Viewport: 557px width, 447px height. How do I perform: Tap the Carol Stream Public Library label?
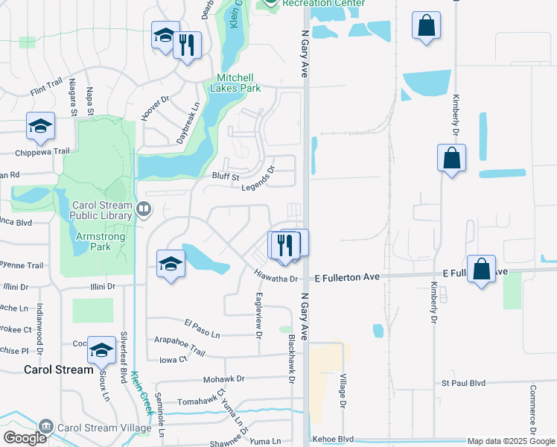click(x=102, y=211)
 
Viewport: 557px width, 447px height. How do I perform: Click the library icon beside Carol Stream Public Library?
click(x=144, y=211)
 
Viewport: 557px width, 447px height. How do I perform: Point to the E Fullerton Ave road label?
click(x=347, y=277)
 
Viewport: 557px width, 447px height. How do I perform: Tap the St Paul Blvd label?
click(x=463, y=383)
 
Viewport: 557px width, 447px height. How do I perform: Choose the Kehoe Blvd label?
click(x=332, y=440)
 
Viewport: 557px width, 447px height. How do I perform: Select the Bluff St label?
click(x=224, y=177)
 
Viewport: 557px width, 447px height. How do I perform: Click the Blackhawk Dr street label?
click(x=292, y=358)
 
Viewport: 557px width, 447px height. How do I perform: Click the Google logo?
click(x=25, y=438)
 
